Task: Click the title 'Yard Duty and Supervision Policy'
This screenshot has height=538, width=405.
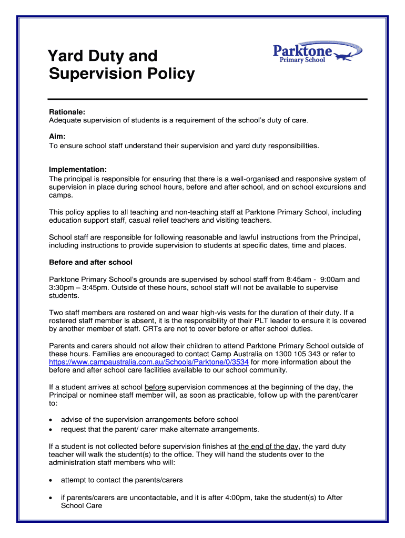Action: [x=121, y=65]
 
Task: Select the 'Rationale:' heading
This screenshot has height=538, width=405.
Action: [x=67, y=112]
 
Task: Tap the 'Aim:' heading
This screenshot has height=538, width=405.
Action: [x=57, y=137]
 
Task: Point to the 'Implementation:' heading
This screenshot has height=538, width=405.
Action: [x=78, y=170]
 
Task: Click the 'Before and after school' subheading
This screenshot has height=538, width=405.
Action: [x=90, y=262]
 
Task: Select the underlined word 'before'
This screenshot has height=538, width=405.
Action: [x=155, y=387]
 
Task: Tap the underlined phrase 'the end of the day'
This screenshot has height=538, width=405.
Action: [x=268, y=447]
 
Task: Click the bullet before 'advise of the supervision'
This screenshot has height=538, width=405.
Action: [x=50, y=420]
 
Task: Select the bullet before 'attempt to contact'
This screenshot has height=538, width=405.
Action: [x=50, y=480]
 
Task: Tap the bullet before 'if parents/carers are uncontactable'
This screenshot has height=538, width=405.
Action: [x=50, y=498]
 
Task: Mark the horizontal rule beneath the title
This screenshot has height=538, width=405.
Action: [x=208, y=99]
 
